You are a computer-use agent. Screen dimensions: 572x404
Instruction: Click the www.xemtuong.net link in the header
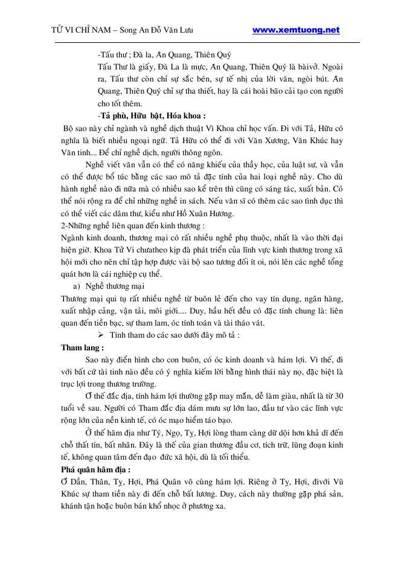pyautogui.click(x=296, y=30)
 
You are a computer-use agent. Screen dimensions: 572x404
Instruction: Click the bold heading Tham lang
pyautogui.click(x=83, y=348)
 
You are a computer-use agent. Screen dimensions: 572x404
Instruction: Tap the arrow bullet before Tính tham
pyautogui.click(x=101, y=335)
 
